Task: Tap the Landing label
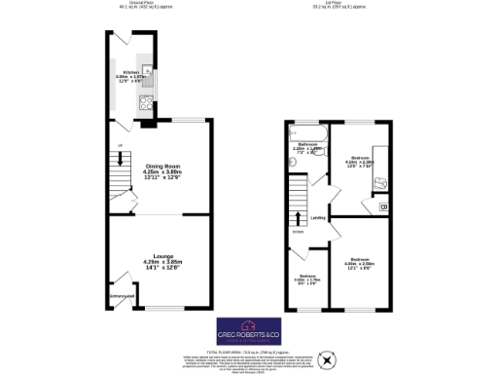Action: coord(316,219)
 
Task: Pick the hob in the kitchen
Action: coord(146,101)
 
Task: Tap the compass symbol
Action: coord(328,361)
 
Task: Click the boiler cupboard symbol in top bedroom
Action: coord(382,206)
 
